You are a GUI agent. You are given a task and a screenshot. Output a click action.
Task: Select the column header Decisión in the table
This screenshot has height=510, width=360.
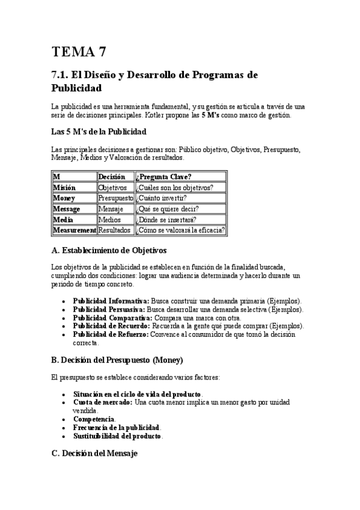coord(112,177)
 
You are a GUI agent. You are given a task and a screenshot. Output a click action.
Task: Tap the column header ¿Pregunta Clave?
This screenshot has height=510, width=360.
coord(164,177)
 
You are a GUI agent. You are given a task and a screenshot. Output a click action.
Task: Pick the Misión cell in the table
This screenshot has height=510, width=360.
coord(64,188)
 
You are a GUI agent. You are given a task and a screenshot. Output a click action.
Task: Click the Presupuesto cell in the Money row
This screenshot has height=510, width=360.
coord(115,198)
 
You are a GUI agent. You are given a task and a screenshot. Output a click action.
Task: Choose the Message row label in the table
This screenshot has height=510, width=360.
coord(67,209)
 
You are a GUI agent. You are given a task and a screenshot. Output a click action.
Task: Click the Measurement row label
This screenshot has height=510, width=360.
coord(75,230)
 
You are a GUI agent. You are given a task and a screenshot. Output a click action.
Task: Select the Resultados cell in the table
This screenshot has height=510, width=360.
coord(114,230)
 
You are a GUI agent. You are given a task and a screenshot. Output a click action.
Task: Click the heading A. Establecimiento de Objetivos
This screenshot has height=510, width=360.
coord(109,250)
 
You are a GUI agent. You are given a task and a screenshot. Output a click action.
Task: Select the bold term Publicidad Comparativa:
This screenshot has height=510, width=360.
coord(113,318)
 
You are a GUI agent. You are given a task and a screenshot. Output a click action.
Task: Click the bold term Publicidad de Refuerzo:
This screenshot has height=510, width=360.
coord(111,334)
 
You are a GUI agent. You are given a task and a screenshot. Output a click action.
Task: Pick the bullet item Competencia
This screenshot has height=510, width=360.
coord(94,419)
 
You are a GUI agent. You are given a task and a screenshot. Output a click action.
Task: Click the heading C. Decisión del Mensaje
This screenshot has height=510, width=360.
coord(95,453)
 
